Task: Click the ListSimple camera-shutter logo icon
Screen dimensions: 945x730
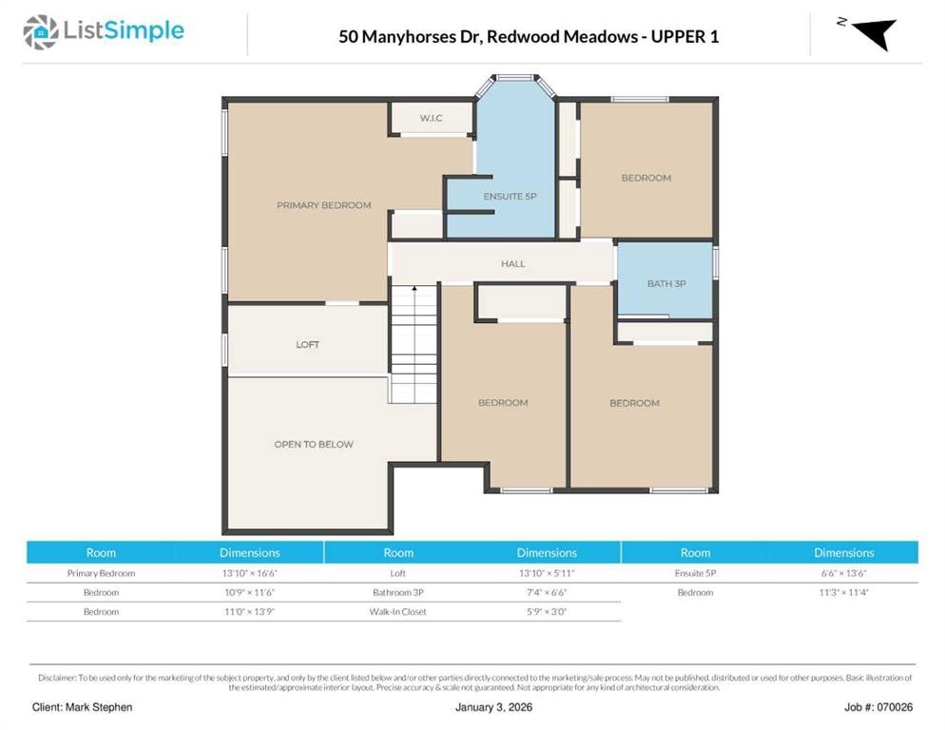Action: pyautogui.click(x=40, y=32)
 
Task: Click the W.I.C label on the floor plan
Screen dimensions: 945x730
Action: pyautogui.click(x=431, y=118)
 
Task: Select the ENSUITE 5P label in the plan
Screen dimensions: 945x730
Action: pyautogui.click(x=510, y=197)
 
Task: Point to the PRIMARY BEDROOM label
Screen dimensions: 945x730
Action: pyautogui.click(x=323, y=205)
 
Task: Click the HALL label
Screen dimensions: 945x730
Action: pyautogui.click(x=512, y=264)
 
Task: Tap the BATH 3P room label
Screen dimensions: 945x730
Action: pyautogui.click(x=666, y=283)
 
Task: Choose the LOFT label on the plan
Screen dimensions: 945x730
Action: pyautogui.click(x=307, y=344)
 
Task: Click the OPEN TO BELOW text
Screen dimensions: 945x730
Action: pyautogui.click(x=314, y=444)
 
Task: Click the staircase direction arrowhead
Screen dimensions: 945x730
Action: pyautogui.click(x=415, y=289)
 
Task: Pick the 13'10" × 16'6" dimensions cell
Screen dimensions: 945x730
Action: pyautogui.click(x=249, y=573)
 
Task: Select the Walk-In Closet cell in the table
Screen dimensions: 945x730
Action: pyautogui.click(x=397, y=612)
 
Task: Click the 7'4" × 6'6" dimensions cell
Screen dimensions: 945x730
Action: pyautogui.click(x=547, y=592)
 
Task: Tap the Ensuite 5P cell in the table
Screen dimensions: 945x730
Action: pyautogui.click(x=695, y=573)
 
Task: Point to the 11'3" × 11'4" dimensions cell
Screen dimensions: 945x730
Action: pyautogui.click(x=844, y=592)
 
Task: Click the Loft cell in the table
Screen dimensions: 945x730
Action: pyautogui.click(x=397, y=573)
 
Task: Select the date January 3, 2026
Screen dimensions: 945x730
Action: pyautogui.click(x=493, y=707)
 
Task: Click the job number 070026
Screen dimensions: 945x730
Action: pyautogui.click(x=895, y=707)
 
